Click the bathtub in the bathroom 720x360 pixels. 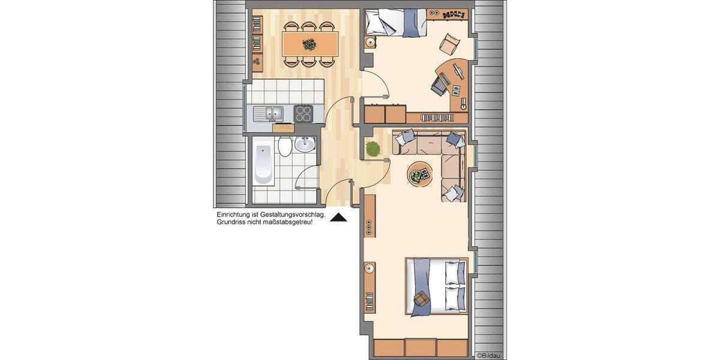pos(263,161)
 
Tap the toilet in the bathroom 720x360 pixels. pos(286,145)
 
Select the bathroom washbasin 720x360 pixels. pos(305,144)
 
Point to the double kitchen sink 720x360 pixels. pos(268,112)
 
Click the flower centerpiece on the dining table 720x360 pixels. pos(309,44)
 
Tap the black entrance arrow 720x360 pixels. pos(339,218)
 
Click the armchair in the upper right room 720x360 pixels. pos(449,43)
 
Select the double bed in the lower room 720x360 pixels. pos(436,286)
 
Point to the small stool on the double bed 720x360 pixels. pos(422,298)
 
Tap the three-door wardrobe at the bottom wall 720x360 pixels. pos(420,347)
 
